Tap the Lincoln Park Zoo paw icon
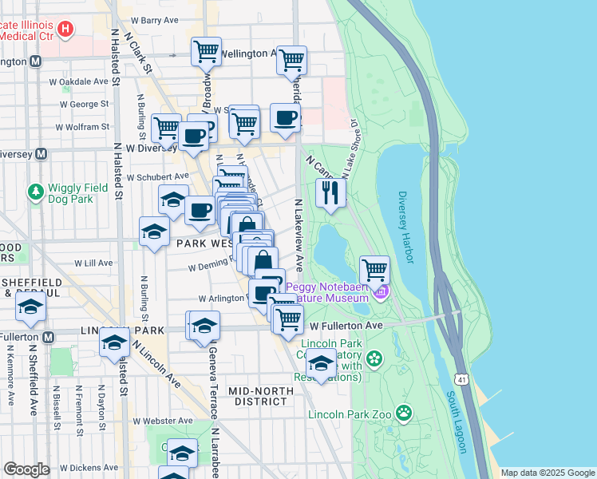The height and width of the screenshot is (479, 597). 405,413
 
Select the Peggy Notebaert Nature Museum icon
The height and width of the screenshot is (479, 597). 380,293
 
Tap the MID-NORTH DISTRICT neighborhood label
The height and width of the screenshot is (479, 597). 257,395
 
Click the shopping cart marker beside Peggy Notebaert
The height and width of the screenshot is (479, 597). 374,270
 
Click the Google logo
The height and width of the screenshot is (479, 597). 26,469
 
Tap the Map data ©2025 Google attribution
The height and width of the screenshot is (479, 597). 548,473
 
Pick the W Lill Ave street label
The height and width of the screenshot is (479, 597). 93,263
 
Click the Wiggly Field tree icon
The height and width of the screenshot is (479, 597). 35,192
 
